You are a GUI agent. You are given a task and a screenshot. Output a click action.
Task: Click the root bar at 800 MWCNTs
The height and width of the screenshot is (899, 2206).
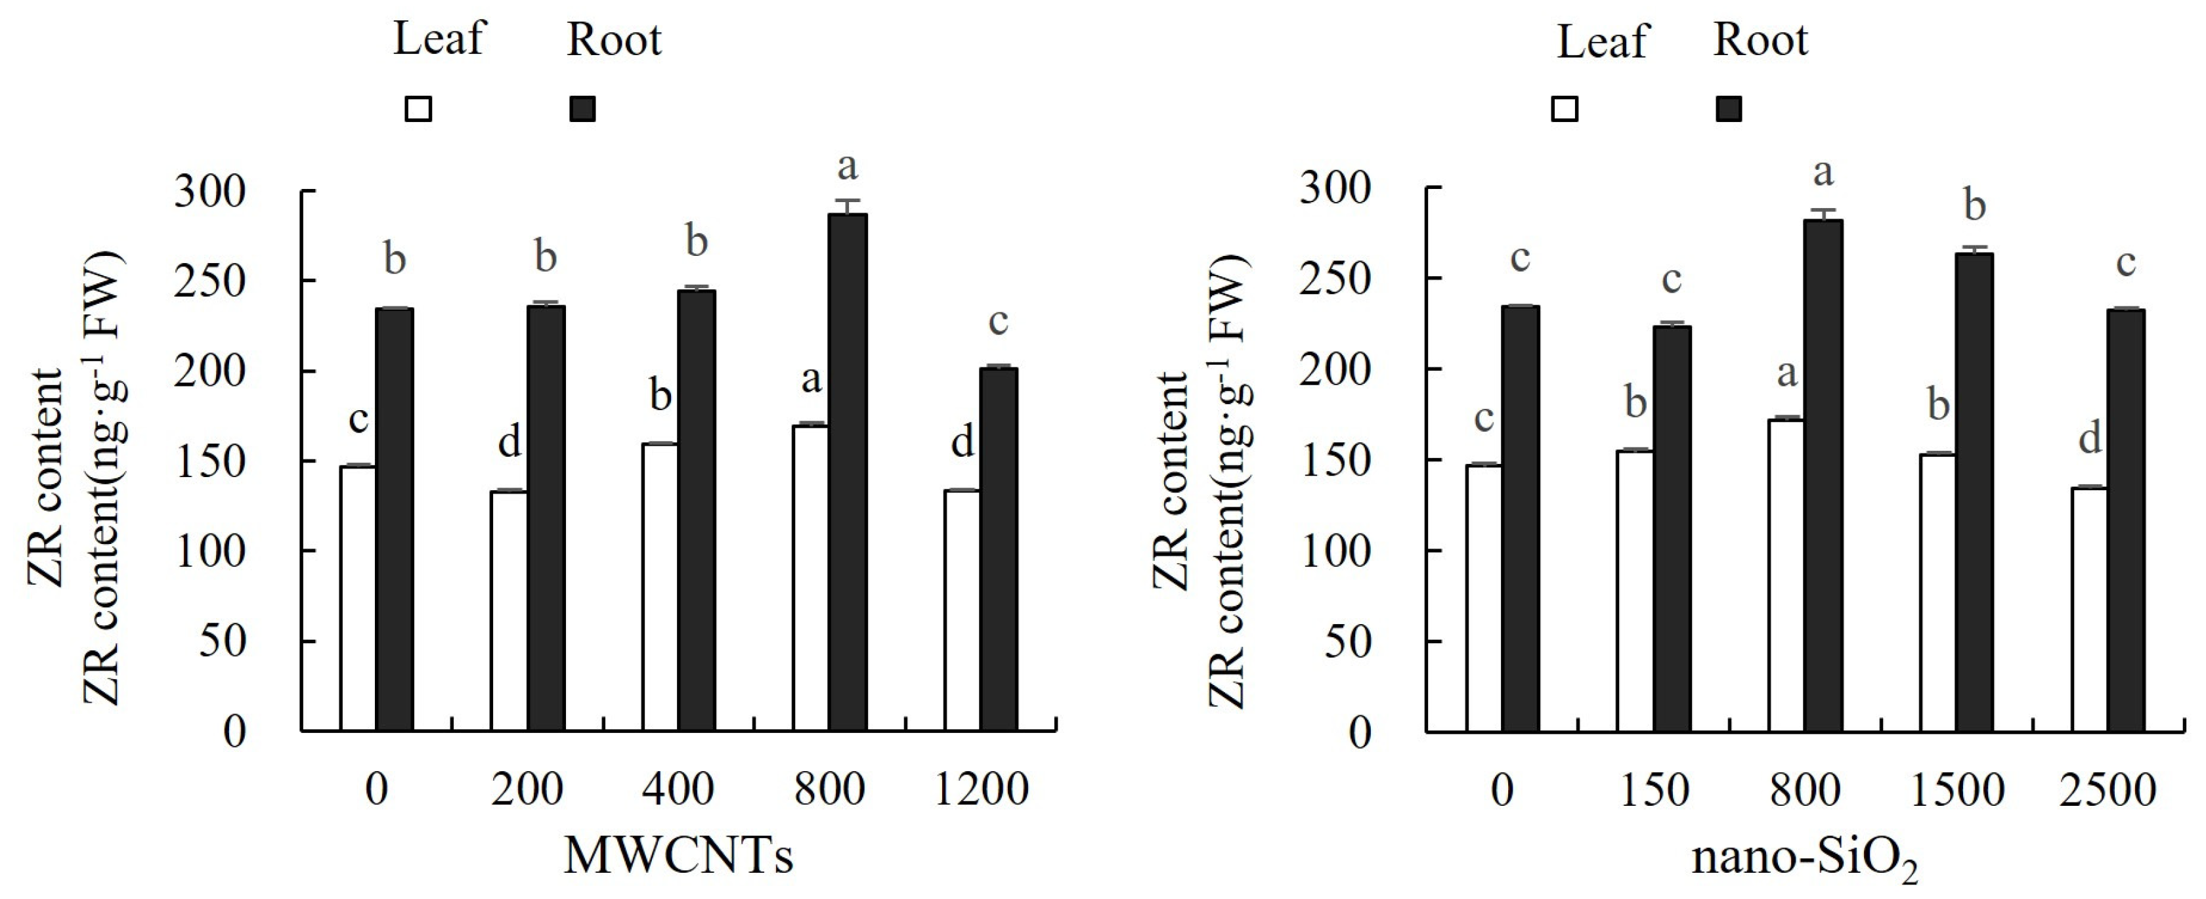click(848, 471)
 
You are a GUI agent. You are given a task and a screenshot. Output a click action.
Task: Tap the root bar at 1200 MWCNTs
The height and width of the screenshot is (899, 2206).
click(999, 548)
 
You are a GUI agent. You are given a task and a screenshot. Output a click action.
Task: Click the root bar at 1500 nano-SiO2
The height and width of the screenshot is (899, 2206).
click(1974, 491)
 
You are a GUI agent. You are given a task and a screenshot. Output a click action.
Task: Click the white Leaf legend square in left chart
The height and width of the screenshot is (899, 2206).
click(419, 110)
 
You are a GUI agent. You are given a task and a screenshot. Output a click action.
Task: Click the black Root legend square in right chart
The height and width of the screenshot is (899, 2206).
click(1729, 110)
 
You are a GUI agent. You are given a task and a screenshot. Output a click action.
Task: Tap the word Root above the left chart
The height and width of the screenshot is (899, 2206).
click(614, 40)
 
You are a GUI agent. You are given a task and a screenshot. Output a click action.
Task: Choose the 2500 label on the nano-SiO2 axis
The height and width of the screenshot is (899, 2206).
click(2108, 789)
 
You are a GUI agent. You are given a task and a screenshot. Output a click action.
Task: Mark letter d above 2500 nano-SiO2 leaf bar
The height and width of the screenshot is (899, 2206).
click(2090, 439)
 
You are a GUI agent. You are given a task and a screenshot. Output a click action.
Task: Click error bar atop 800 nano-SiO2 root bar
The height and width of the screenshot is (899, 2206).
click(1823, 213)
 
